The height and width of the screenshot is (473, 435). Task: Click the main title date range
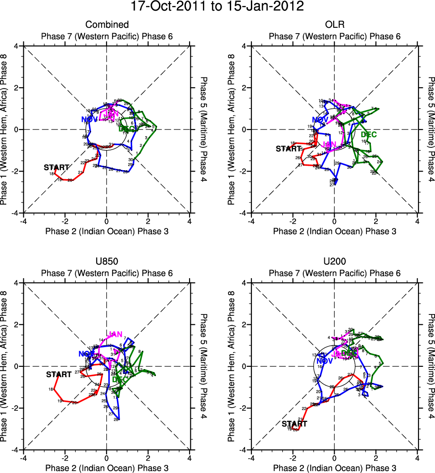coord(217,7)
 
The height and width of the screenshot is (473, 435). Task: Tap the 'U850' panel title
coord(107,262)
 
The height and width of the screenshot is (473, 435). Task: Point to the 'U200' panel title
coord(334,262)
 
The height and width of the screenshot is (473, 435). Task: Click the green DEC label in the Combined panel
coord(128,129)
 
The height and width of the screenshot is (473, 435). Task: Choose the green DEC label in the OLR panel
coord(369,134)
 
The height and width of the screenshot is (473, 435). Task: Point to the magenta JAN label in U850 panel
coord(115,335)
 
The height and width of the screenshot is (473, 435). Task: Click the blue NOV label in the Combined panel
coord(89,119)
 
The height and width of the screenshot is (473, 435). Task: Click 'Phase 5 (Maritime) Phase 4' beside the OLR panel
coord(431,129)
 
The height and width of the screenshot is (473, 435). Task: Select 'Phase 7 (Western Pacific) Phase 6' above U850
coord(107,273)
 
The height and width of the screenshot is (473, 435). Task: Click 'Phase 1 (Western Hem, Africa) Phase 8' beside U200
coord(232,366)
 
